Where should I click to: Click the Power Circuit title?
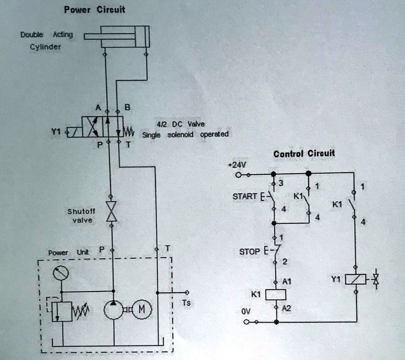point(95,9)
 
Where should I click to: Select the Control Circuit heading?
point(304,153)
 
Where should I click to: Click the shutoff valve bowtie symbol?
point(111,212)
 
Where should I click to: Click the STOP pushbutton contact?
point(275,251)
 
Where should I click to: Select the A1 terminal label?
point(287,282)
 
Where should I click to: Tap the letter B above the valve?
point(127,107)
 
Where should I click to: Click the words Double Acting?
point(46,35)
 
